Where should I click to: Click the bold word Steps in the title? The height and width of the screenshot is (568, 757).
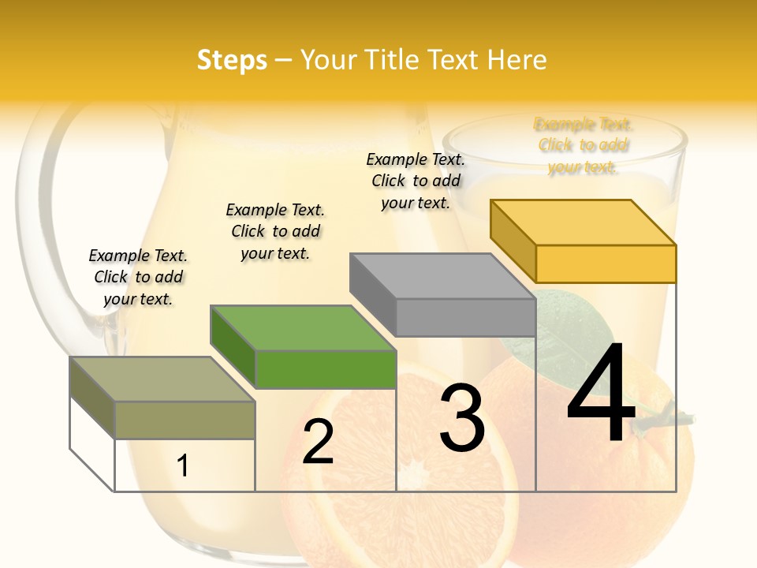tap(232, 60)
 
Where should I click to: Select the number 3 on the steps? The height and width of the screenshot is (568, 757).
tap(461, 418)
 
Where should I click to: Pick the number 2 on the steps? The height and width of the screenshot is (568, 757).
tap(319, 442)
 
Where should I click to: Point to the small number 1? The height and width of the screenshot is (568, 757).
tap(183, 465)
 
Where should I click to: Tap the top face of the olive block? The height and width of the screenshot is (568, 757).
tap(162, 379)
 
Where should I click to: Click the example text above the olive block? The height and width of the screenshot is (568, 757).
tap(138, 277)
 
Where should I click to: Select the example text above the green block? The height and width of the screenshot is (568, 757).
tap(275, 231)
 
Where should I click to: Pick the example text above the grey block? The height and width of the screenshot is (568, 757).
tap(416, 181)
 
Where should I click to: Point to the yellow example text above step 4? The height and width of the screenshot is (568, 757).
tap(584, 145)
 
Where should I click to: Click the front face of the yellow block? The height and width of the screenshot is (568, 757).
tap(606, 263)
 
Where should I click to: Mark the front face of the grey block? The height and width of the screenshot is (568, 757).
tap(465, 317)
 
